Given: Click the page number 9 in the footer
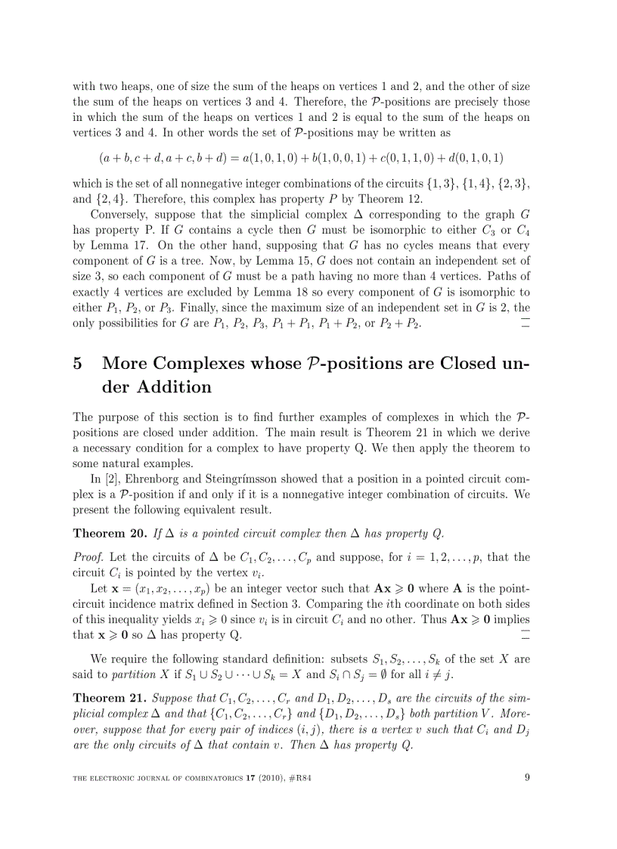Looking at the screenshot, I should [526, 775].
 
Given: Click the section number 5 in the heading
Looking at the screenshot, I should [77, 364].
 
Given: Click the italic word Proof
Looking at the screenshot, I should [89, 558].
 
